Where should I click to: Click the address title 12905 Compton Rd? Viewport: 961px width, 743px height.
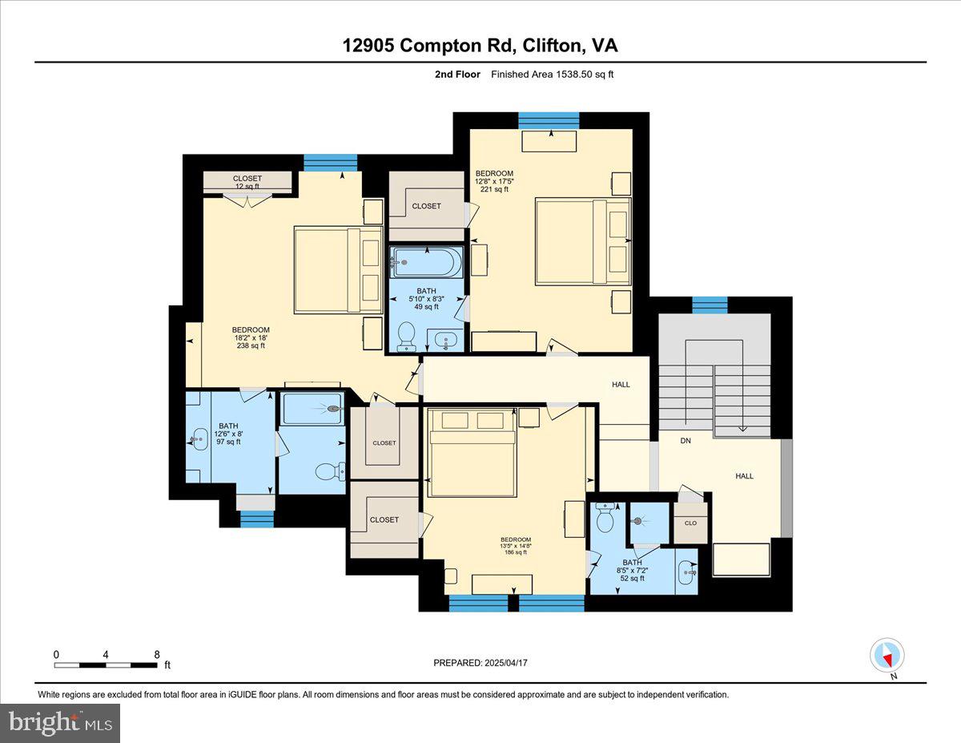pos(480,46)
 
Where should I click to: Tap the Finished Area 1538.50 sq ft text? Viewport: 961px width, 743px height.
pos(552,75)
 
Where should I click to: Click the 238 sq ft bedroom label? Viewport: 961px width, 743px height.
pos(251,337)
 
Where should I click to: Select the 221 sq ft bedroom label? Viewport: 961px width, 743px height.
pos(494,181)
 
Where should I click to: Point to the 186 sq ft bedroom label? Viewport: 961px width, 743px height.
pos(516,546)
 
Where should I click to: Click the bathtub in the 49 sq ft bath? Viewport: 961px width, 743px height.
pos(427,262)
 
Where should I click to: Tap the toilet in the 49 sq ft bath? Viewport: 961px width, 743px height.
pos(407,336)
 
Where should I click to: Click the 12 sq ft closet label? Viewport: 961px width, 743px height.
pos(247,182)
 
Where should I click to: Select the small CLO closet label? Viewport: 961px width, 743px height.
pos(690,523)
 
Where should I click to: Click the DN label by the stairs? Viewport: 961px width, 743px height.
pos(686,441)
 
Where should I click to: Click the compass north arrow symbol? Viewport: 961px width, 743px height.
pos(887,656)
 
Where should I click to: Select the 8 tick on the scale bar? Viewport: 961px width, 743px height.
pos(156,654)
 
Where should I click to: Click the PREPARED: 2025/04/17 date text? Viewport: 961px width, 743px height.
pos(480,663)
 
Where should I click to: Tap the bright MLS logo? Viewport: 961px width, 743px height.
pos(61,723)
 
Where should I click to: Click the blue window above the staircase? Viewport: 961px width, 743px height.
pos(710,305)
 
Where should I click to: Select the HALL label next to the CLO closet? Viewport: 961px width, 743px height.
pos(744,476)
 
